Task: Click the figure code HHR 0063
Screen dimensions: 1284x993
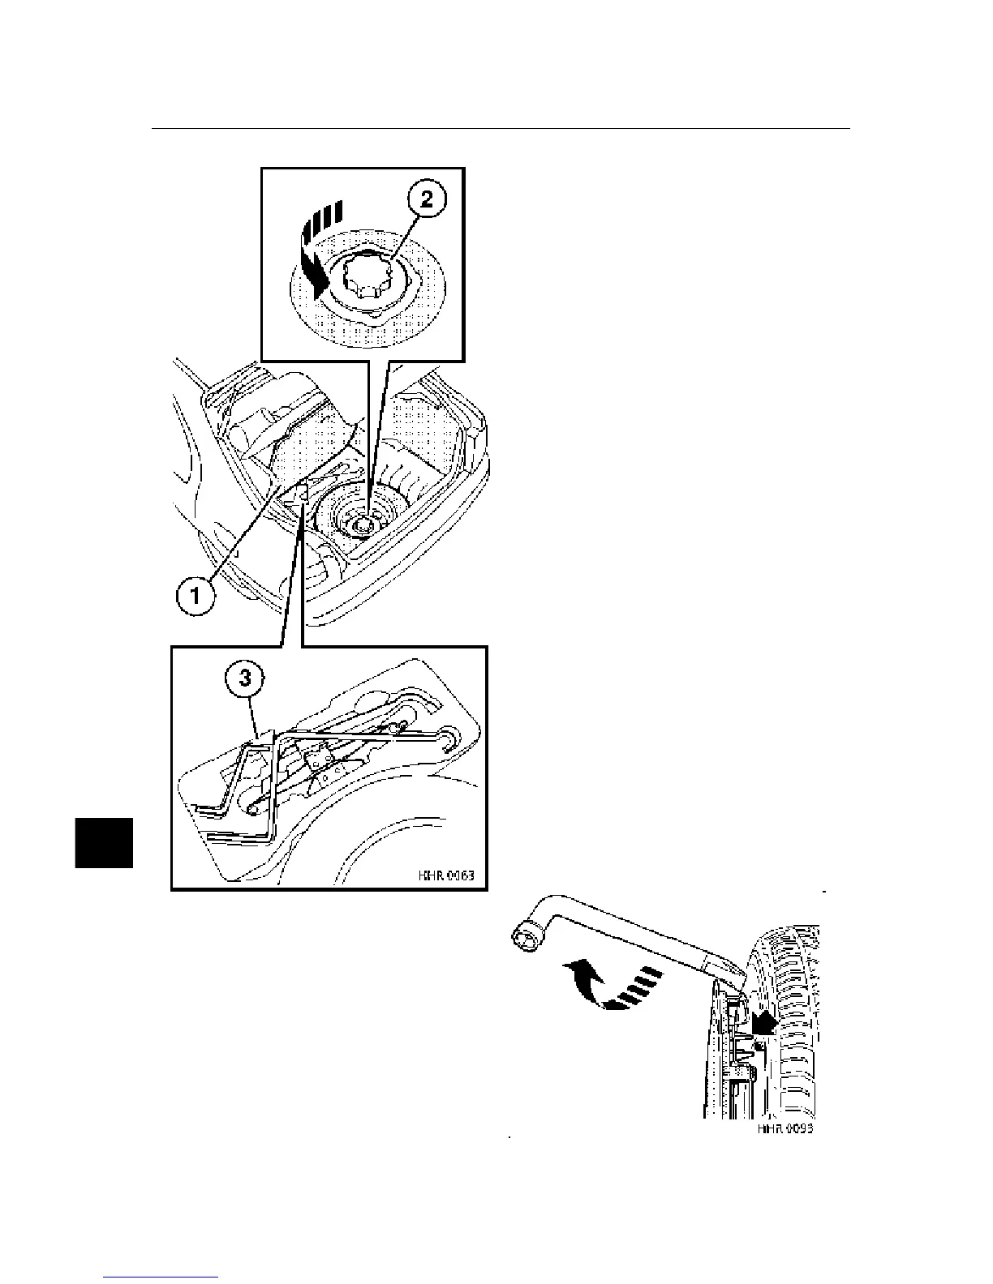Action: pyautogui.click(x=445, y=875)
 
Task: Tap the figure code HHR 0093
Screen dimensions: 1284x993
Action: pyautogui.click(x=785, y=1128)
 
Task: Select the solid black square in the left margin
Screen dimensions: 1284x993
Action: pyautogui.click(x=104, y=843)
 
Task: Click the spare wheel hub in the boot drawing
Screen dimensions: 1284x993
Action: pyautogui.click(x=360, y=525)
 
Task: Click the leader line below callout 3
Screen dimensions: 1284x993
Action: pyautogui.click(x=256, y=717)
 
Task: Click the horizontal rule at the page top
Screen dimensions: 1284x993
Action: pyautogui.click(x=501, y=129)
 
